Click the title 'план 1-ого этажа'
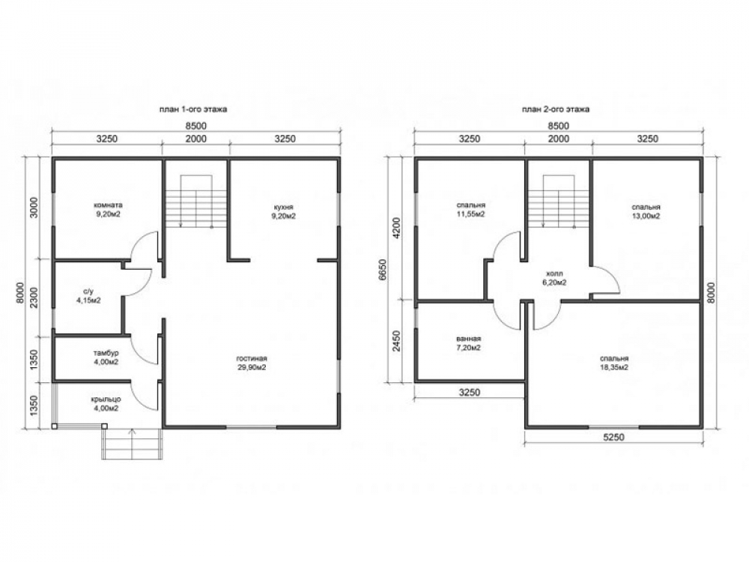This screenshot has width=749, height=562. [193, 109]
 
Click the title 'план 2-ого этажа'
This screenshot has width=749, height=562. [556, 109]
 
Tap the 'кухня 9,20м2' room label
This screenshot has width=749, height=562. [283, 212]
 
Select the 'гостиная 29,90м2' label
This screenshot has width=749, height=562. [251, 363]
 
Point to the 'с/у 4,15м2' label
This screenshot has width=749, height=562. [88, 296]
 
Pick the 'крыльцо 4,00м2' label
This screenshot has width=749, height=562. [106, 404]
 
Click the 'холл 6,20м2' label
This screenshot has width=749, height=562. [554, 278]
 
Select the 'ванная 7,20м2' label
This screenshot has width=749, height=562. [468, 343]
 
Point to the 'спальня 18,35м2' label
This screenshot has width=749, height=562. [614, 363]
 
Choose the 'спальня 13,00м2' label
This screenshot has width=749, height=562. [646, 212]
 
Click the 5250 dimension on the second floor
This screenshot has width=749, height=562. [614, 438]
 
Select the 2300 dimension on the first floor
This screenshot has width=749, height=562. [34, 297]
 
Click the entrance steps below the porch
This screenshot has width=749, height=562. [133, 444]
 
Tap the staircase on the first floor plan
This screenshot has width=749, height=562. [195, 202]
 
